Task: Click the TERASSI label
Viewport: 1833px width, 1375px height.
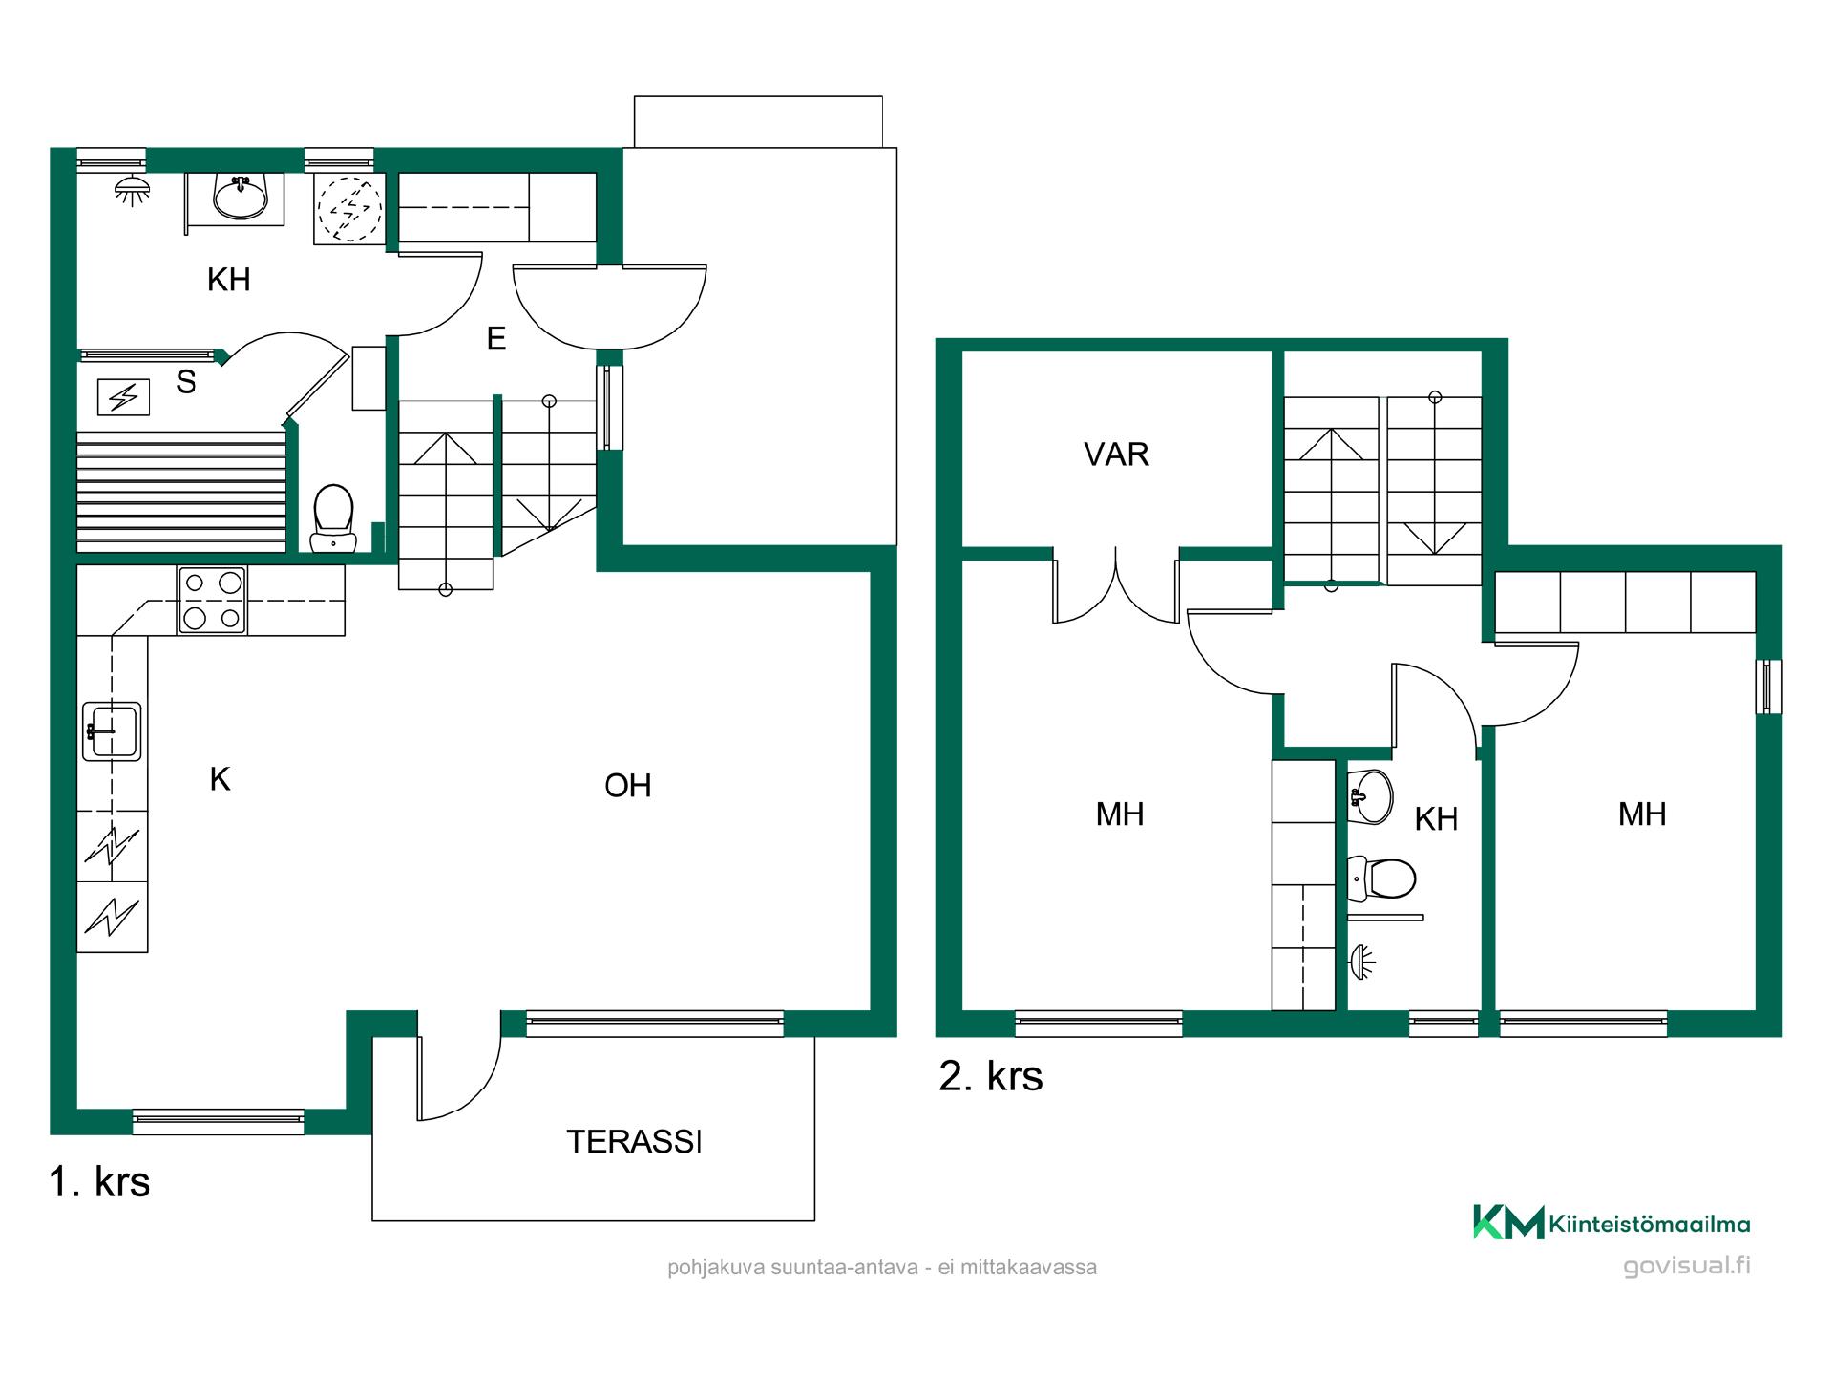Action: click(x=634, y=1141)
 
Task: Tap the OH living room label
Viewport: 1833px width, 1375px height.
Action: click(x=628, y=786)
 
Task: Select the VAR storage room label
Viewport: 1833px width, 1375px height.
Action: click(x=1116, y=455)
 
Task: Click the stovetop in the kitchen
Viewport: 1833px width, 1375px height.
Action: click(x=212, y=600)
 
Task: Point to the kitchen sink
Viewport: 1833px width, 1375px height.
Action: click(x=112, y=731)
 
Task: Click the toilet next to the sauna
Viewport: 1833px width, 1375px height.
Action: click(x=333, y=518)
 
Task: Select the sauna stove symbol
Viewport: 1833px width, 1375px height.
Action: click(x=123, y=396)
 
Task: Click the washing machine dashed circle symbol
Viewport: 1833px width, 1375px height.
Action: click(x=349, y=207)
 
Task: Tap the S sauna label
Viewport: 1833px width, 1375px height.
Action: click(x=186, y=382)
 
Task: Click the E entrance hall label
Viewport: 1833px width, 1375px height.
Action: click(x=495, y=339)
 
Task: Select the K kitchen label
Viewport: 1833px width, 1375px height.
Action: click(x=220, y=779)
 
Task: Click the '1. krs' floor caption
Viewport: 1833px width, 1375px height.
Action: click(x=99, y=1182)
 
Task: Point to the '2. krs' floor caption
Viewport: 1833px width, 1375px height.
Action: click(x=991, y=1076)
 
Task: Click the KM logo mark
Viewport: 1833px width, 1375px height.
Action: click(x=1508, y=1222)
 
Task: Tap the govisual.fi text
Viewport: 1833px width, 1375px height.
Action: click(x=1687, y=1266)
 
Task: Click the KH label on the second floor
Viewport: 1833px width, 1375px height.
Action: click(x=1435, y=819)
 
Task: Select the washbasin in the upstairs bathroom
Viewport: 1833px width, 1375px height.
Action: click(x=1371, y=795)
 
